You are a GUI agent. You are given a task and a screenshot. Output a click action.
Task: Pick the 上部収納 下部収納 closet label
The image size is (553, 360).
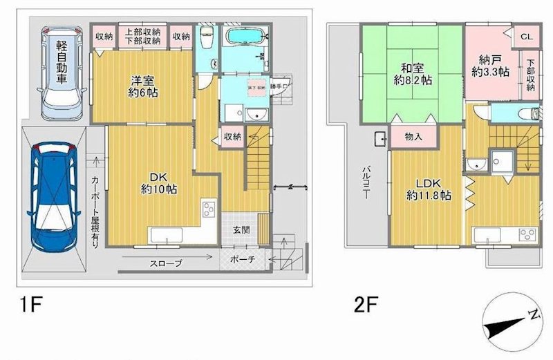(x=144, y=36)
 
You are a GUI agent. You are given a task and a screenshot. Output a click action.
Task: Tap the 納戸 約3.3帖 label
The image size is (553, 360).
(x=491, y=64)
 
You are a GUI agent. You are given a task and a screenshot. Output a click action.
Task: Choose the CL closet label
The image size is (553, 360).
(x=525, y=37)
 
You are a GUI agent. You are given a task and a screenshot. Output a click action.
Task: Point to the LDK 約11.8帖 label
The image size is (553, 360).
(x=429, y=189)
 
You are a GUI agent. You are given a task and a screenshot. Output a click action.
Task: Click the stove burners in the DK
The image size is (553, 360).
(x=209, y=210)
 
